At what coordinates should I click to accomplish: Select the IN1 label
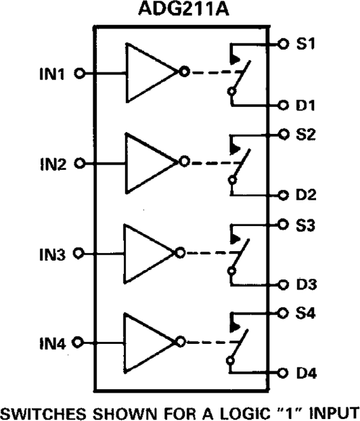51,74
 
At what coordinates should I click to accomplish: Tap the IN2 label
51,163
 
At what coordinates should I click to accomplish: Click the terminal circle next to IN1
78,73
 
